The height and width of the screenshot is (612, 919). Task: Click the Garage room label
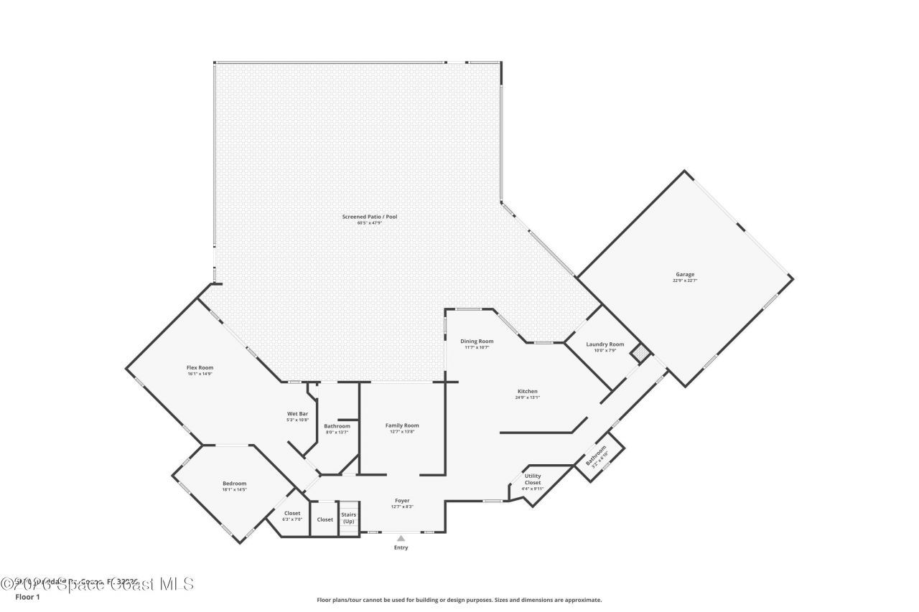tap(684, 274)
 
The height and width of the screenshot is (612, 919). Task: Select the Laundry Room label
tap(605, 344)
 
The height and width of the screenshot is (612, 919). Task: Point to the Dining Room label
tap(477, 341)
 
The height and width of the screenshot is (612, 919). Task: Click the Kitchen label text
tap(526, 391)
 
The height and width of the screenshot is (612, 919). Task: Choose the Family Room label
tap(402, 425)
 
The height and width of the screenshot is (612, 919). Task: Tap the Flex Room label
tap(200, 367)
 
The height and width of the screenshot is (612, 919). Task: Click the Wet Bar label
tap(297, 414)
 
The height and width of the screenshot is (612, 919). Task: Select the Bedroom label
tap(234, 483)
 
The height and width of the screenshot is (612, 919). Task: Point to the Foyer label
tap(402, 500)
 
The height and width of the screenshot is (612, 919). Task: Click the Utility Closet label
tap(533, 479)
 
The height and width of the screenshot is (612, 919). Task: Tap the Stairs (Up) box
tap(348, 517)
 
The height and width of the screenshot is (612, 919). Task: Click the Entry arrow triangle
tap(401, 538)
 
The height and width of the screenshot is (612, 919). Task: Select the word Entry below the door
tap(401, 548)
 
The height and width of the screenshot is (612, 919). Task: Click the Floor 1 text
tap(28, 596)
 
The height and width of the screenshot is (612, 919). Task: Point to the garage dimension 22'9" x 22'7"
tap(684, 281)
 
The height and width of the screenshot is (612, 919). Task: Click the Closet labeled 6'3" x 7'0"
tap(292, 513)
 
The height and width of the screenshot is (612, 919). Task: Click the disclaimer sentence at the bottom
tap(459, 600)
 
